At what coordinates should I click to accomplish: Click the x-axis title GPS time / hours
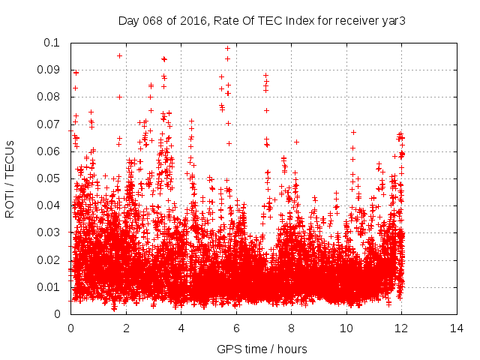[x=262, y=349]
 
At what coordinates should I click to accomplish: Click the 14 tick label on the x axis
[x=457, y=328]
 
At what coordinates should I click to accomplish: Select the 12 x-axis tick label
[x=401, y=328]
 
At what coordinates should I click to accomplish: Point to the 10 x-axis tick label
[x=346, y=328]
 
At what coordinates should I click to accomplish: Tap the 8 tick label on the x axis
[x=291, y=328]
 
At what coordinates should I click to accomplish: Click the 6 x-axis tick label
[x=236, y=328]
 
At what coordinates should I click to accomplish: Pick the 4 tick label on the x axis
[x=181, y=328]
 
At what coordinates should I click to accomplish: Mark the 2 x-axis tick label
[x=126, y=328]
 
